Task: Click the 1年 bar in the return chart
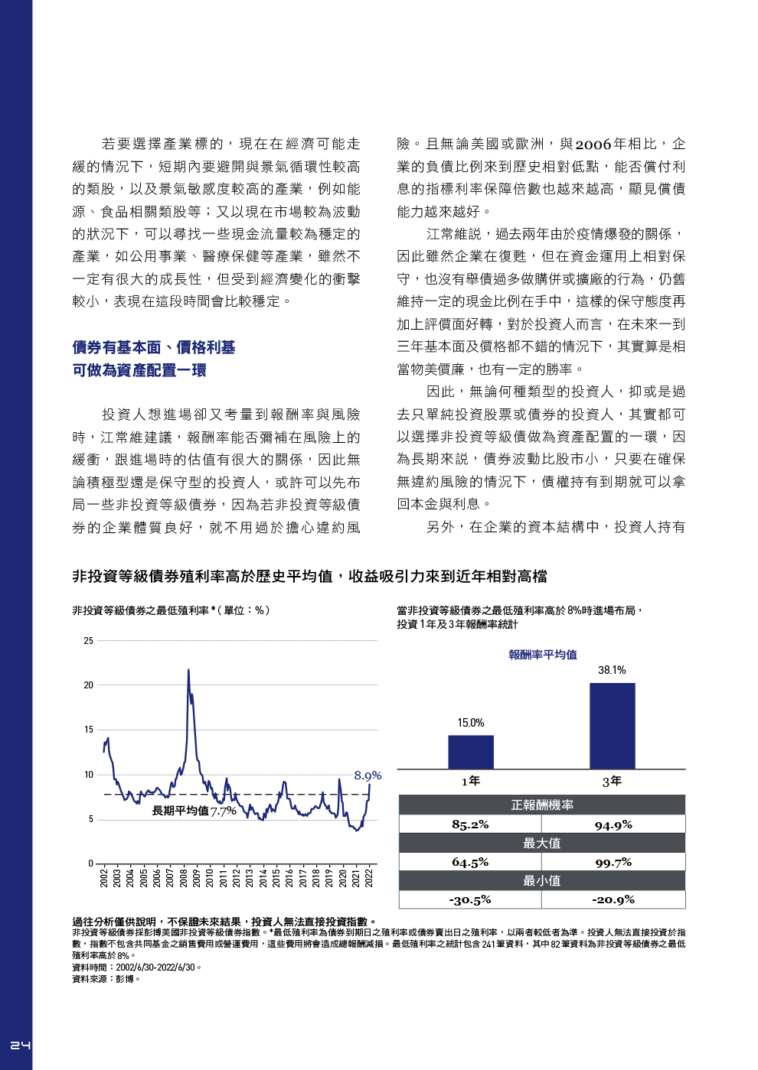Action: [x=470, y=752]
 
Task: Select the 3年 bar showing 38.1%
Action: [x=612, y=726]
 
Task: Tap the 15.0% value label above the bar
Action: [x=471, y=723]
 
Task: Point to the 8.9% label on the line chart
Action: [x=368, y=776]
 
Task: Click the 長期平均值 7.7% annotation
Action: [x=194, y=811]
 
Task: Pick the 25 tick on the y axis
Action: [x=89, y=641]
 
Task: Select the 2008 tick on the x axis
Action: [x=184, y=877]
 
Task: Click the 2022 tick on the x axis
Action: [x=369, y=877]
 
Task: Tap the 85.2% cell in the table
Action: [x=470, y=824]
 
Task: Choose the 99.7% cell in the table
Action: [x=613, y=862]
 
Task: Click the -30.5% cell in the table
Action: [x=470, y=899]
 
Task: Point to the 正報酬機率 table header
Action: [x=541, y=805]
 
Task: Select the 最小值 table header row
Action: [x=541, y=880]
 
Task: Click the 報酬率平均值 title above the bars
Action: [x=543, y=655]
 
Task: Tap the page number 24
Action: [x=20, y=1045]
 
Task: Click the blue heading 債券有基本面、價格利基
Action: [x=154, y=347]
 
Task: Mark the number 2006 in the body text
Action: [x=593, y=145]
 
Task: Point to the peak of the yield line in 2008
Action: [x=188, y=670]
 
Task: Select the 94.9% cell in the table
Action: [x=613, y=824]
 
